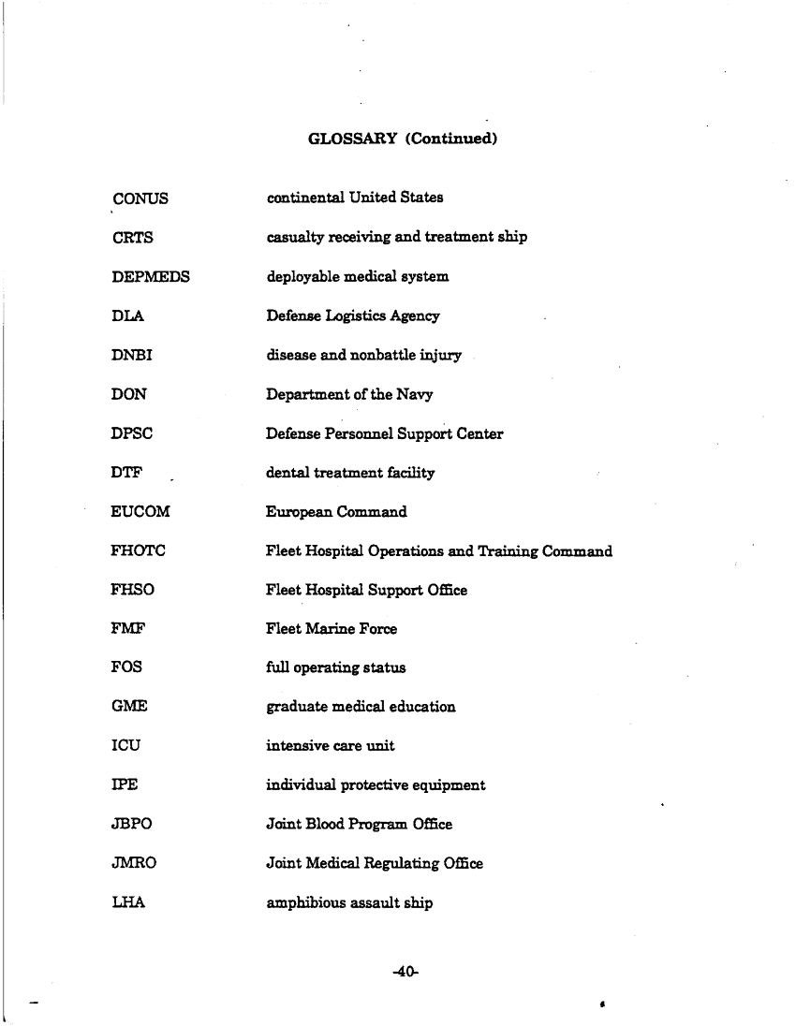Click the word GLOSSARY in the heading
click(x=351, y=139)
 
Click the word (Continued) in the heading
click(x=450, y=139)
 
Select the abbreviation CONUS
click(x=140, y=198)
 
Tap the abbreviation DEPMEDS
click(x=150, y=277)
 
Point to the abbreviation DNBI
click(x=132, y=356)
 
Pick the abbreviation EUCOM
click(x=140, y=512)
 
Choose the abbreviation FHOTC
click(x=139, y=551)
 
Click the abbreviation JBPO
click(x=132, y=825)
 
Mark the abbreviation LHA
click(x=127, y=903)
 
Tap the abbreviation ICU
click(x=126, y=746)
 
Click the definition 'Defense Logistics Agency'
click(x=352, y=316)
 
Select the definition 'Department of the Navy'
click(x=349, y=395)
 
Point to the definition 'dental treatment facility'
click(x=350, y=474)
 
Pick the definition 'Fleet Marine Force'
click(x=332, y=629)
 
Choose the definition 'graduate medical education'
click(x=361, y=708)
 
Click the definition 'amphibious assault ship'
click(x=349, y=903)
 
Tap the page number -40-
click(x=405, y=973)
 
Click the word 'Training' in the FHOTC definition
click(x=511, y=551)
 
